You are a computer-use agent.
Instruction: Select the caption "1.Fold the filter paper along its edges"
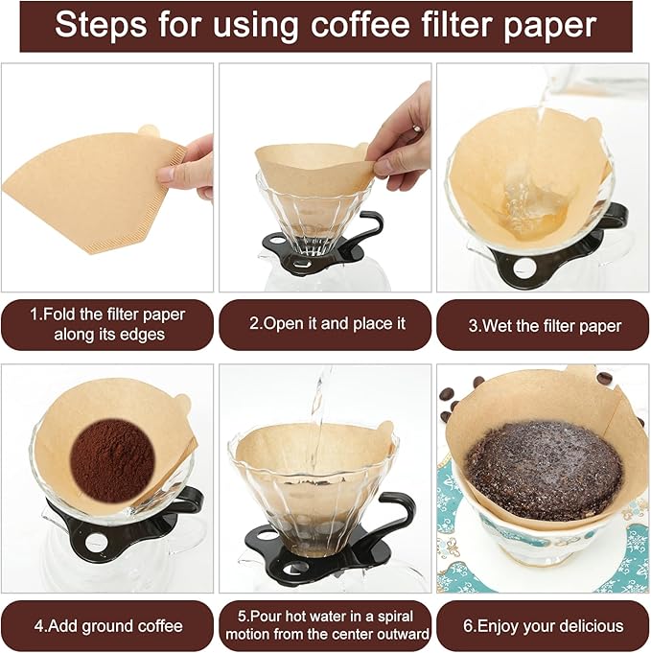tap(106, 324)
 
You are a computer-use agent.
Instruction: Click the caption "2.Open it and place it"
tap(325, 324)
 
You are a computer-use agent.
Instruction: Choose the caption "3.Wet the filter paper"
tap(544, 325)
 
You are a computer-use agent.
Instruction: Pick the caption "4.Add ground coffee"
tap(106, 626)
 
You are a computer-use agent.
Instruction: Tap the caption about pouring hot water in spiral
tap(325, 625)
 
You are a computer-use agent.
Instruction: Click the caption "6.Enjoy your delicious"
tap(544, 626)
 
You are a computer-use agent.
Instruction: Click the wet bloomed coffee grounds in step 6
tap(543, 470)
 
